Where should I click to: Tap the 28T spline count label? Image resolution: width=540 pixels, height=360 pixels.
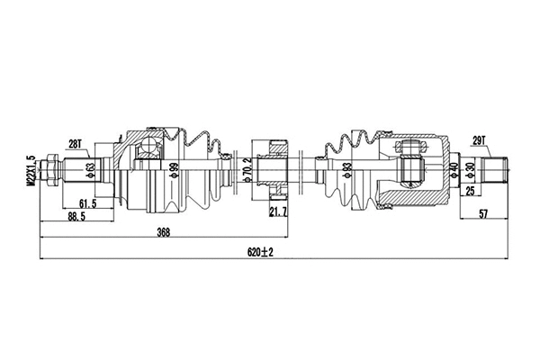pyautogui.click(x=76, y=143)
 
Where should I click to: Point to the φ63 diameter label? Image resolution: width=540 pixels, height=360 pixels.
pyautogui.click(x=91, y=168)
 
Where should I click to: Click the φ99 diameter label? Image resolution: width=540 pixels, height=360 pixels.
pyautogui.click(x=175, y=169)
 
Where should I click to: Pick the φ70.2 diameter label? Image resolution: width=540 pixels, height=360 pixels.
pyautogui.click(x=247, y=169)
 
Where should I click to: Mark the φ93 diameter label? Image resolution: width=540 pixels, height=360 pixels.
pyautogui.click(x=347, y=168)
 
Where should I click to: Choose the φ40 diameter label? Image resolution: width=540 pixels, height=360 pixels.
pyautogui.click(x=454, y=168)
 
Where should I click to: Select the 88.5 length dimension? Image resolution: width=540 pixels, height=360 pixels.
pyautogui.click(x=76, y=217)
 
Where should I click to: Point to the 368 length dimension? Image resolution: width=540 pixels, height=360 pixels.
pyautogui.click(x=164, y=232)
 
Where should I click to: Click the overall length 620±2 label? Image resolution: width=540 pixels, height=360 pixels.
pyautogui.click(x=260, y=253)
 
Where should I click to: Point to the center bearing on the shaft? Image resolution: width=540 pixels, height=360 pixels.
pyautogui.click(x=270, y=166)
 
